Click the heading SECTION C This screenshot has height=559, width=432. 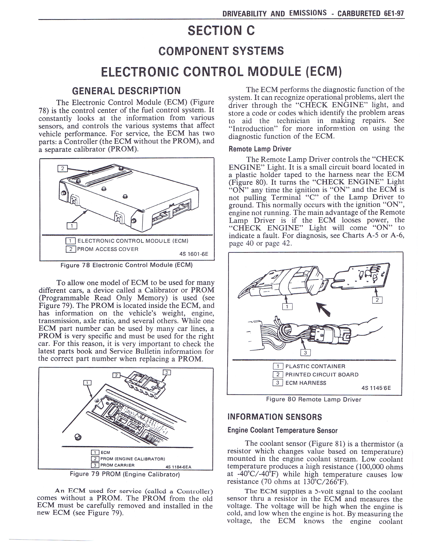coord(221,30)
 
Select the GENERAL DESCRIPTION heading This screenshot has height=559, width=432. coord(126,91)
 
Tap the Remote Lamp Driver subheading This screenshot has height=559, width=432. coord(260,149)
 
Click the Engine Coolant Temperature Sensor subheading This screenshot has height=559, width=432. coord(282,430)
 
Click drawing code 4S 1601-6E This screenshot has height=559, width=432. coord(194,254)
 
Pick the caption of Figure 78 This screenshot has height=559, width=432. coord(126,265)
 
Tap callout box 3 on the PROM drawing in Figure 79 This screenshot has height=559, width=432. coord(167,372)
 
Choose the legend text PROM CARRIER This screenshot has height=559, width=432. coord(117,465)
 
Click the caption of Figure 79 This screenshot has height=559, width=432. coord(125,474)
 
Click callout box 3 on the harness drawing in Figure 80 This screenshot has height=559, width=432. coord(305,353)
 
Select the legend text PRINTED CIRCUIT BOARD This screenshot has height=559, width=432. coord(322,375)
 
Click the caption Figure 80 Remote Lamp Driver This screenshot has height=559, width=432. coord(314,399)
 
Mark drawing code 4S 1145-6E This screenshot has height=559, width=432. coord(376,388)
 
